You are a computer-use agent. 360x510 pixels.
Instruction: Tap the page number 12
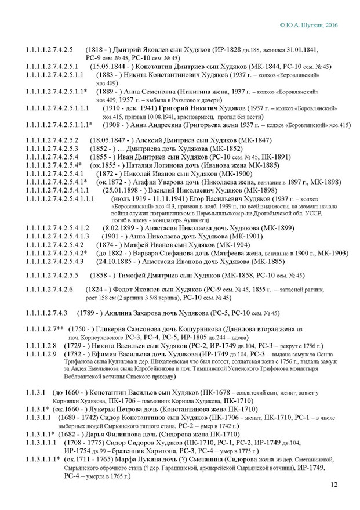[333, 485]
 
